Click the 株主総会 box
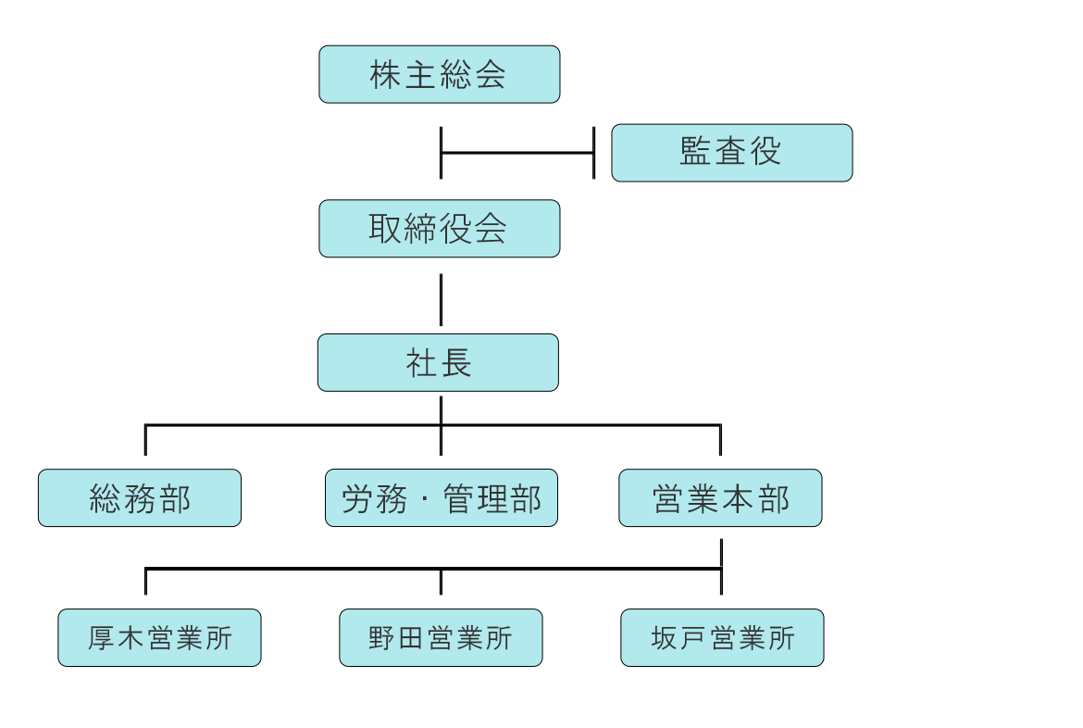[440, 75]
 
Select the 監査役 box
[732, 153]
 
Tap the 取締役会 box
[440, 229]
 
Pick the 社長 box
[438, 363]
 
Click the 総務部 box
[140, 497]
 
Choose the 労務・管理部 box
[442, 497]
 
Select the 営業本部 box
[720, 497]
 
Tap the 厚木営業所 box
[159, 637]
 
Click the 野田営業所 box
[441, 637]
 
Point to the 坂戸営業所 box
[722, 637]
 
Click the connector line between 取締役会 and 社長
[441, 300]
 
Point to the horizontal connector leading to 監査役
[517, 153]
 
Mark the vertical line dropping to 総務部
[145, 440]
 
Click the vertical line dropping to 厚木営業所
[145, 582]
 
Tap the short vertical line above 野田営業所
[441, 582]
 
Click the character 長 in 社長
[455, 363]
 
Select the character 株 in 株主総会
[385, 75]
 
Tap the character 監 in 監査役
[695, 151]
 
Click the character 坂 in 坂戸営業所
[664, 637]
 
